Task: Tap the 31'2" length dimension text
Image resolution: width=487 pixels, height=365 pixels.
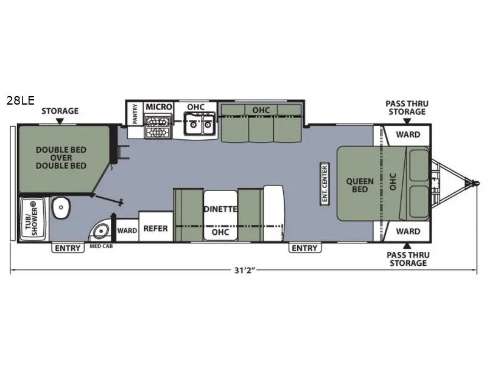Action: coord(243,270)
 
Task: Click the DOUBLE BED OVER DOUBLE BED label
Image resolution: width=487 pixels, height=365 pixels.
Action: coord(60,157)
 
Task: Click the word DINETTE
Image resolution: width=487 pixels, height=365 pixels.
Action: coord(220,209)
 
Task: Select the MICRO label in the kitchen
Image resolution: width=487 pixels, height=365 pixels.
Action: coord(159,107)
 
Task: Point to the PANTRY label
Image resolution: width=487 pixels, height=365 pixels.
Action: coord(135,114)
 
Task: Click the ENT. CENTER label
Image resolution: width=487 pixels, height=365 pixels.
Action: coord(325,183)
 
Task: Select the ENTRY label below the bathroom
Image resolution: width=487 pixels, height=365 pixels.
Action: coord(67,248)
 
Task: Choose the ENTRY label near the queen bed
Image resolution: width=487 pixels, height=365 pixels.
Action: coord(304,248)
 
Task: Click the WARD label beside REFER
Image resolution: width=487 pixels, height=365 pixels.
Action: coord(127,231)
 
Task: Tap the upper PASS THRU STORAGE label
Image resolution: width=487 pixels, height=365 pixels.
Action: coord(407,108)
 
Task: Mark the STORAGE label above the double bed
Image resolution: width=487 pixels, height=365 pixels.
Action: coord(60,111)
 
